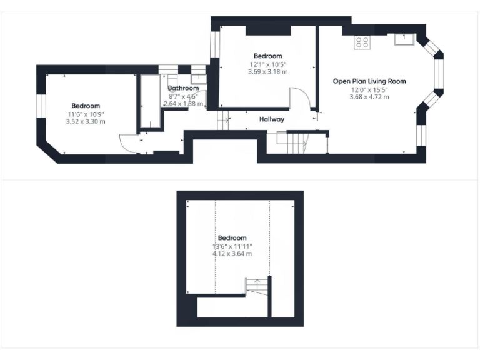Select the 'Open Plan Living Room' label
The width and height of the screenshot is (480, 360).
[369, 81]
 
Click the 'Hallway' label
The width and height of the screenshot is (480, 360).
[272, 119]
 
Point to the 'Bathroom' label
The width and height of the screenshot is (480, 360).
[183, 89]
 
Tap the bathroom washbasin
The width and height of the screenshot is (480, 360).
[197, 78]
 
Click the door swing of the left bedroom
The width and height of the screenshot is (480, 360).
[130, 143]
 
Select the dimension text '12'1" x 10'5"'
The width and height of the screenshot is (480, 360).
[267, 64]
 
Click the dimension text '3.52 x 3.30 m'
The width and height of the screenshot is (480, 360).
[86, 121]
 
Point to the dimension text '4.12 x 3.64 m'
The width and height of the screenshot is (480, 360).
[232, 254]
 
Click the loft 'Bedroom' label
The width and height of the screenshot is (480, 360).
[232, 238]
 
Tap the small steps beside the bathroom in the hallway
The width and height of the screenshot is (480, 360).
[223, 120]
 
